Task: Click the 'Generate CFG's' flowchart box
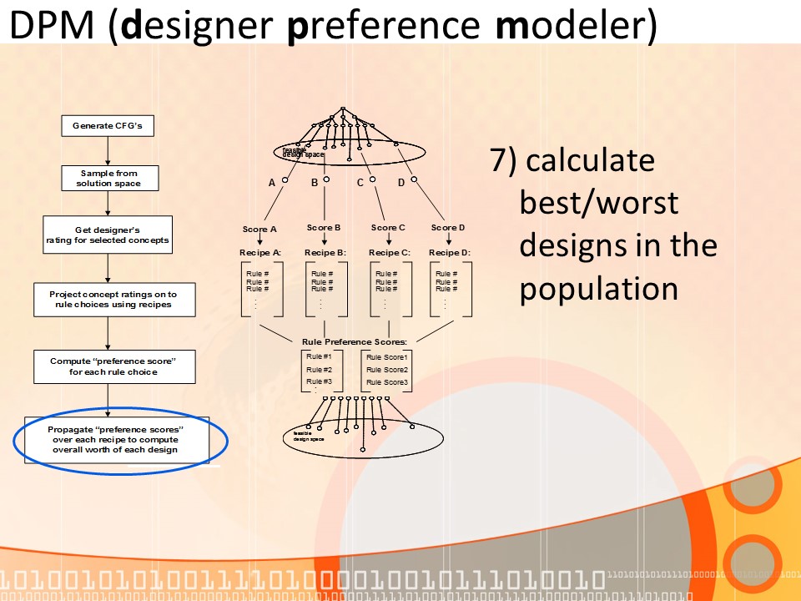(x=108, y=126)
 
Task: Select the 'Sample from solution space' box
(x=108, y=178)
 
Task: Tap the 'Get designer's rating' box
(x=108, y=235)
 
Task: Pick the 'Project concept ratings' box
(x=113, y=300)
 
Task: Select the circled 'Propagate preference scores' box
(x=116, y=439)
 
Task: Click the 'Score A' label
(x=259, y=229)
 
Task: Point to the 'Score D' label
(x=448, y=227)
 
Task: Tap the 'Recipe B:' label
(x=325, y=252)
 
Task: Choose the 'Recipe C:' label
(x=390, y=252)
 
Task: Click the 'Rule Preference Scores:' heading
(x=354, y=341)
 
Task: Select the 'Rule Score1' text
(x=387, y=357)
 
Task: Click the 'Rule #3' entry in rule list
(x=319, y=381)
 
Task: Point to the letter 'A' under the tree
(x=272, y=182)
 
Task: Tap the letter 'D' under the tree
(x=401, y=182)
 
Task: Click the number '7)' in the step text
(x=504, y=161)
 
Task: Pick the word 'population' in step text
(x=598, y=289)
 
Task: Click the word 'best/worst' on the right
(x=598, y=203)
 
